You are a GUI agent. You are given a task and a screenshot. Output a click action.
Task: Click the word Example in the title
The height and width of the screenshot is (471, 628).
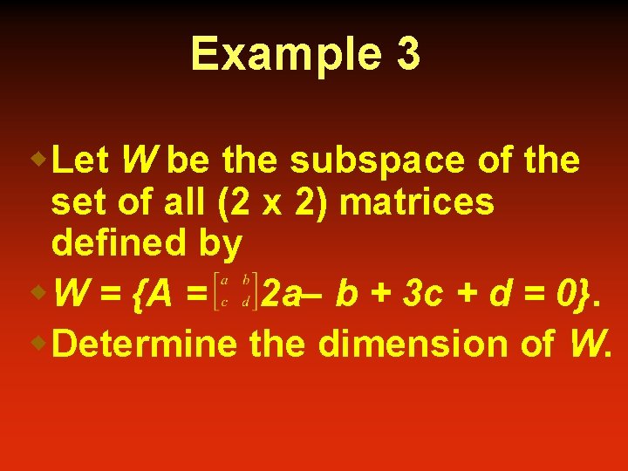click(285, 54)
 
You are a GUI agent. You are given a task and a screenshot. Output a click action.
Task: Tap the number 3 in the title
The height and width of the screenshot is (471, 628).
click(407, 54)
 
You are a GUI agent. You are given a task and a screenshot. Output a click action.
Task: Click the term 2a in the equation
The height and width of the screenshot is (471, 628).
click(281, 295)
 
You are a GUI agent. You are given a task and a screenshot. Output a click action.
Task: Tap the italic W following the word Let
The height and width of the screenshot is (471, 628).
click(140, 160)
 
